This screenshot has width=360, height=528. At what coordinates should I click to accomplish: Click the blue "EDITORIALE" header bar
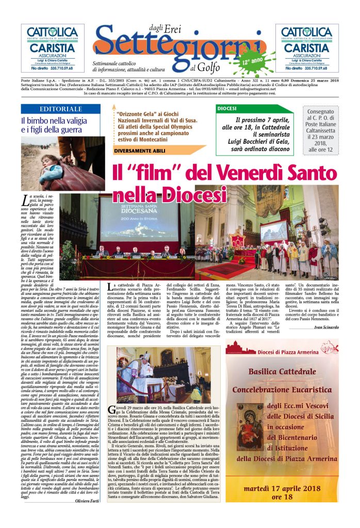click(61, 109)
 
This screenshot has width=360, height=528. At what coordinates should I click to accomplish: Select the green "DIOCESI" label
click(227, 109)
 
